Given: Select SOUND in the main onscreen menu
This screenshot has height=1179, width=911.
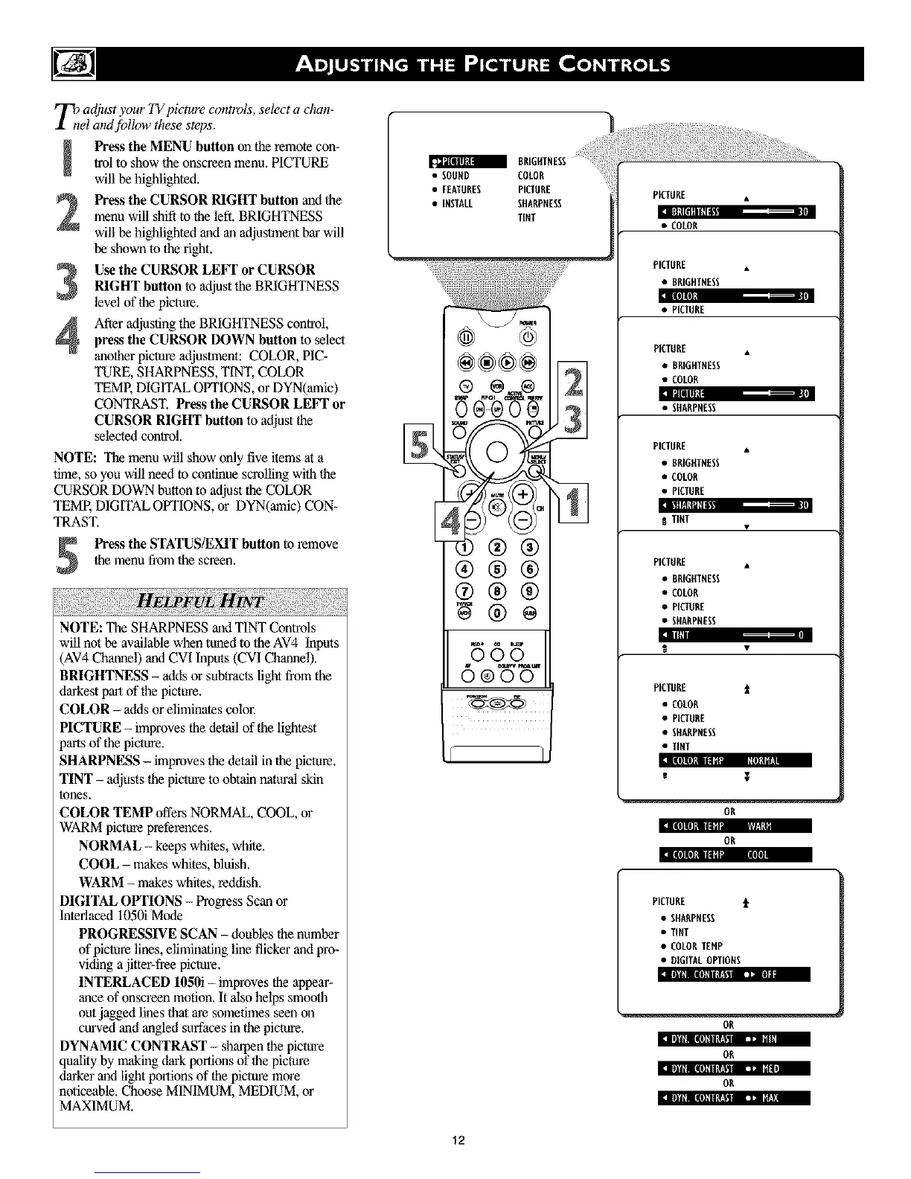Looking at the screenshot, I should pos(455,176).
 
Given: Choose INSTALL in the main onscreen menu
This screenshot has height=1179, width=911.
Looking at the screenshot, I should pos(456,203).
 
